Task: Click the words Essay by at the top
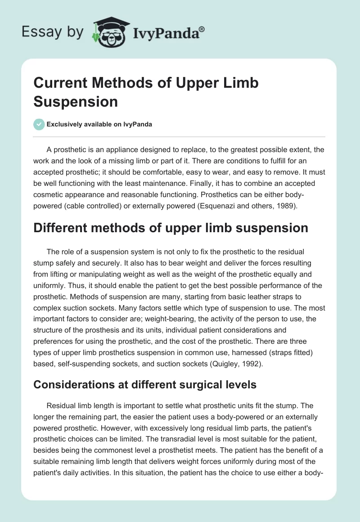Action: pos(52,32)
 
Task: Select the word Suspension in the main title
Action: pos(76,101)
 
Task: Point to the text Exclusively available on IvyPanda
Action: pos(99,125)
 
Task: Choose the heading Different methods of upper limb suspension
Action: pos(171,228)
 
